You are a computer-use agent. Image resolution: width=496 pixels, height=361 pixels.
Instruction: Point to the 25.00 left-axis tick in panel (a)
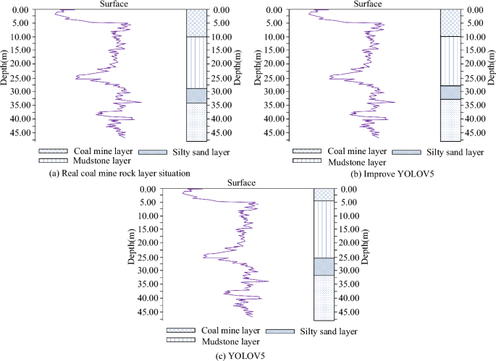20,78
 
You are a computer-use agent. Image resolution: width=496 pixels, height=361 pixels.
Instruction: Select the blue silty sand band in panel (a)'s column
196,95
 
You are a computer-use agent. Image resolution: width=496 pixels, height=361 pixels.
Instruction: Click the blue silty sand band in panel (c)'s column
323,266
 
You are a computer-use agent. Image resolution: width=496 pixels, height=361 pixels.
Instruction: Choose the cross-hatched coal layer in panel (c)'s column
323,195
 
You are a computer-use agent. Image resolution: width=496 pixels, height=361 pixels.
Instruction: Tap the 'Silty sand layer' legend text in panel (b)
454,153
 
